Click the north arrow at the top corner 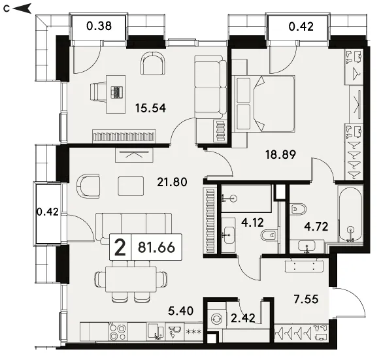click(22, 8)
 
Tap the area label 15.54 click(150, 108)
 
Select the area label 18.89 click(280, 154)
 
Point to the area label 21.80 click(172, 182)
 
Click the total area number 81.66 click(156, 247)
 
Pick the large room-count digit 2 click(120, 247)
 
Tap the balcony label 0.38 click(99, 26)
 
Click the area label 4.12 click(253, 223)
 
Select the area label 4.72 click(316, 227)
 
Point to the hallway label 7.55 click(306, 299)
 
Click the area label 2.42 click(243, 318)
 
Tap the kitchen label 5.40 click(181, 311)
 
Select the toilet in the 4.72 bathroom click(298, 209)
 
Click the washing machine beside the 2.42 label click(216, 318)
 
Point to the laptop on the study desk click(116, 92)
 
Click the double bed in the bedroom click(263, 104)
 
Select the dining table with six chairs click(131, 280)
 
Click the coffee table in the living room click(131, 186)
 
